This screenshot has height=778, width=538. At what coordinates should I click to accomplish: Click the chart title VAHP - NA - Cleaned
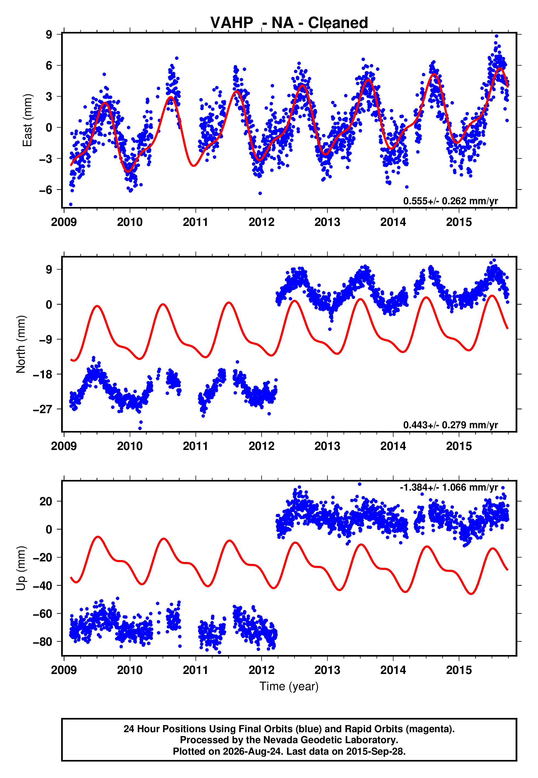coord(289,23)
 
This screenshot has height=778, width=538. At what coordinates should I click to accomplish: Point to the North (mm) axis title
coord(21,344)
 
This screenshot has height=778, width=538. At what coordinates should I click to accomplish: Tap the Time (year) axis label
coord(289,687)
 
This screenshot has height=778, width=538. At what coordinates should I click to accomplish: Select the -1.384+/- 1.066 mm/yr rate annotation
coord(449,487)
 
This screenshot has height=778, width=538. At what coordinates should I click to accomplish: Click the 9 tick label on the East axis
coord(49,34)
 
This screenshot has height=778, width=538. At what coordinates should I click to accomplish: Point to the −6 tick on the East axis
coord(46,190)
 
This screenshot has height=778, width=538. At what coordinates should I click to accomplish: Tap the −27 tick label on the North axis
coord(43,409)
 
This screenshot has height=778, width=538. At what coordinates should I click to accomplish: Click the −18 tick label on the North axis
coord(43,374)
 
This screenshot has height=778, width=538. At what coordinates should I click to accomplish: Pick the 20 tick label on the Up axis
coord(46,501)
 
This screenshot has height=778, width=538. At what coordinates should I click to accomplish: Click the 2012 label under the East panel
coord(261,222)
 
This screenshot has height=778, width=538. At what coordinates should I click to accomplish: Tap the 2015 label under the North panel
coord(459,446)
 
